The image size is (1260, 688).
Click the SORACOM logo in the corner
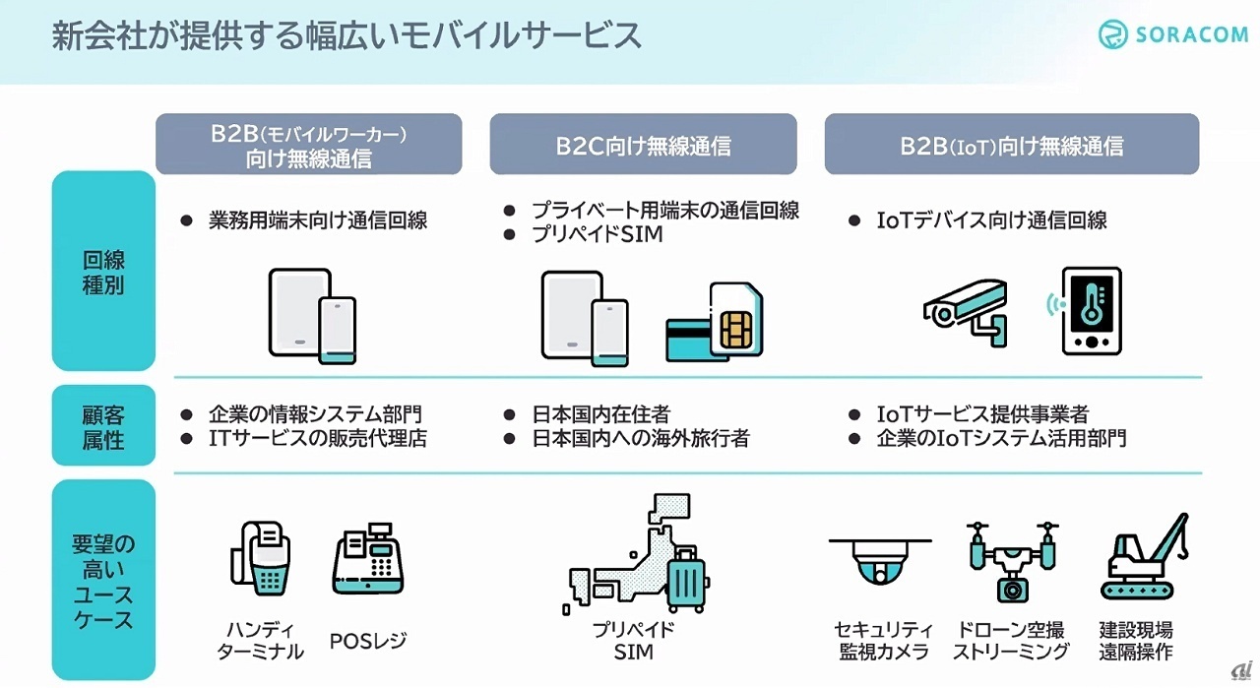pos(1171,35)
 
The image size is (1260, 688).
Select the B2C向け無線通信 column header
pos(643,145)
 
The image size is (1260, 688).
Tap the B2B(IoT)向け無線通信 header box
pos(1011,145)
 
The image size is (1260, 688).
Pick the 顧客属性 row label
pos(103,426)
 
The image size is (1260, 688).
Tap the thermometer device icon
pos(1091,309)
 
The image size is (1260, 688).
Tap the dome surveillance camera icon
pos(880,563)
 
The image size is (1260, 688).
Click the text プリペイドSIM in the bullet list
pos(598,234)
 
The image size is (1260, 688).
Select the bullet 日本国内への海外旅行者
pos(640,439)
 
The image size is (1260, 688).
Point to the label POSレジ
pos(368,642)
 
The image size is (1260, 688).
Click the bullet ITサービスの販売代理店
pos(318,439)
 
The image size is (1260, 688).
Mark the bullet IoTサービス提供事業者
pos(982,414)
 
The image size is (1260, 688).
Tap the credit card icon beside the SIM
pos(694,340)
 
